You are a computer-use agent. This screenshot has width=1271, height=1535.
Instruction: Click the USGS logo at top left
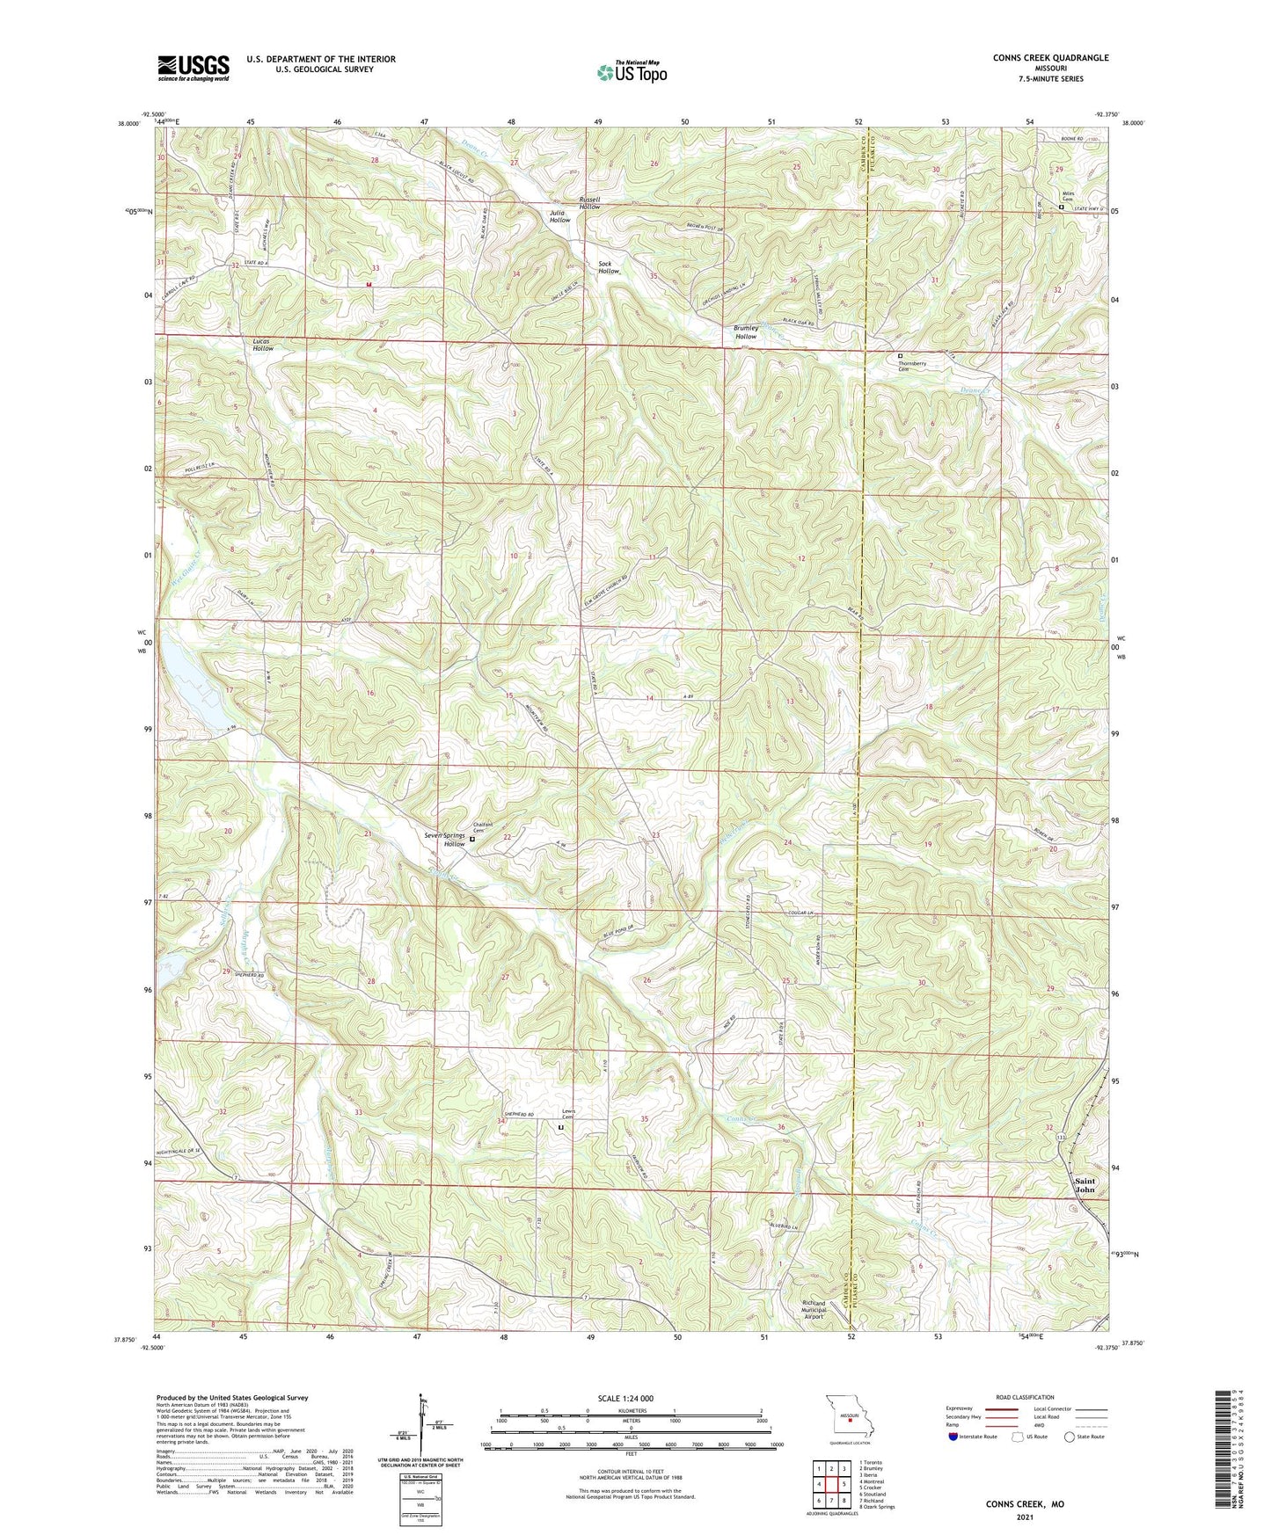[194, 68]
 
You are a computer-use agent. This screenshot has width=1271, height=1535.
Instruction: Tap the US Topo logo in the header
[632, 72]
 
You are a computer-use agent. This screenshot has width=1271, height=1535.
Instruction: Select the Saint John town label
[1085, 1185]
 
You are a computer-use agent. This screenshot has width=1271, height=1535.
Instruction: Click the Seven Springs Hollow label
[443, 840]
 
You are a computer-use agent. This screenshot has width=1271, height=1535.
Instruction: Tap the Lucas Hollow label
[263, 345]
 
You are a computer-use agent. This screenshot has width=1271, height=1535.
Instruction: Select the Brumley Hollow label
[746, 332]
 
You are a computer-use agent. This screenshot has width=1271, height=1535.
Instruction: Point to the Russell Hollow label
[589, 203]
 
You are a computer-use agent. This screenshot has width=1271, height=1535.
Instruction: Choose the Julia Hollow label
[559, 216]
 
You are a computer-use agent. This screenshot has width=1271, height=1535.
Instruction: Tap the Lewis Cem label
[569, 1114]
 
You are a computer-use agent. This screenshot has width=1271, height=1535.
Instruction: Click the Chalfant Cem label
[483, 827]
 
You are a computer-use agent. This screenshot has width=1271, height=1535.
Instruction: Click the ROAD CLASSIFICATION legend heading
[1025, 1397]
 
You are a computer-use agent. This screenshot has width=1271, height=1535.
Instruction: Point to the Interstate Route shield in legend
[953, 1437]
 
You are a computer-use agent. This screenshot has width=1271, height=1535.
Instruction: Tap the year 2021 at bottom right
[1025, 1517]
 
